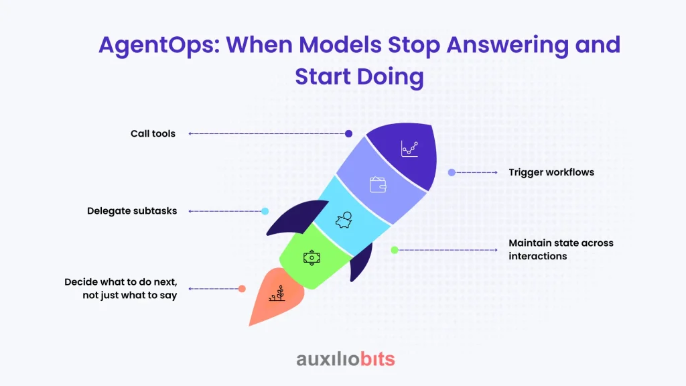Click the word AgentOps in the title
click(159, 46)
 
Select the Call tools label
click(153, 133)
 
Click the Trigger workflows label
click(551, 172)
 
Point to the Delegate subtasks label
click(132, 211)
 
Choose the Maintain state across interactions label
click(561, 249)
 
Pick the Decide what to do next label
click(121, 288)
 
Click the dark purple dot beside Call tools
click(348, 133)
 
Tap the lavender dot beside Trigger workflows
click(452, 172)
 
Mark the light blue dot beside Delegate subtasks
click(265, 211)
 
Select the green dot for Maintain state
click(395, 250)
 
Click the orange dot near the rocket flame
click(242, 289)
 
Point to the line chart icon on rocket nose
click(409, 149)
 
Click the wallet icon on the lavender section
click(378, 185)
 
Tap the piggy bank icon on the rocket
click(344, 220)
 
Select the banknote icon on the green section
click(312, 258)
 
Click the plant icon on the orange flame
click(277, 294)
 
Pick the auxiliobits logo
click(346, 359)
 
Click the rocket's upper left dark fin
click(297, 217)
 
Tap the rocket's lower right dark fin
click(362, 262)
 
